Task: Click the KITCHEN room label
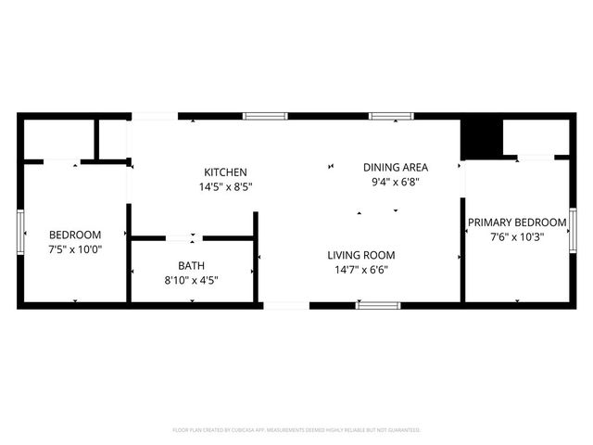225,172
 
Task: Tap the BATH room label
192,265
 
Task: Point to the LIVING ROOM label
360,255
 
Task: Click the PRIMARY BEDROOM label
516,222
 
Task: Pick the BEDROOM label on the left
75,235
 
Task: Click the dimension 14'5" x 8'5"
225,186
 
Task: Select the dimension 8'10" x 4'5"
192,279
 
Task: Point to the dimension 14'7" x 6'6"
360,270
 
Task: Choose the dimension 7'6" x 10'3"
516,236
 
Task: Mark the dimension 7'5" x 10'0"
75,248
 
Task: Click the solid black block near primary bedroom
480,139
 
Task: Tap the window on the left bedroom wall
20,234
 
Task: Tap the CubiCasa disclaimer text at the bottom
296,430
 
